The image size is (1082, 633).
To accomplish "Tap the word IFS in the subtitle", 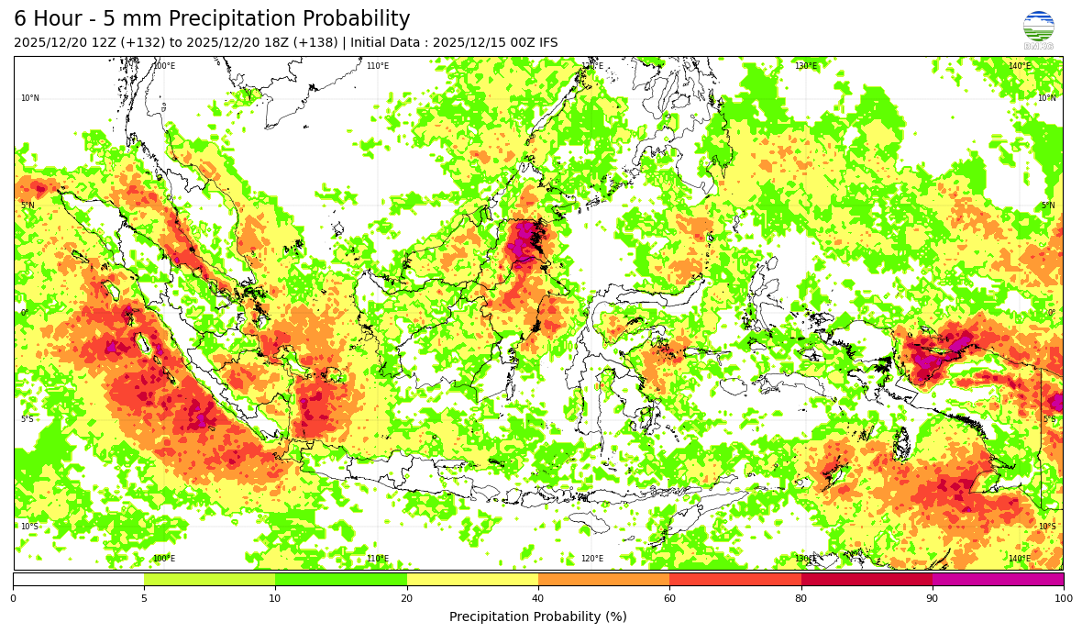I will click(x=546, y=43).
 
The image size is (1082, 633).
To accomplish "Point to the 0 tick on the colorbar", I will click(x=13, y=599).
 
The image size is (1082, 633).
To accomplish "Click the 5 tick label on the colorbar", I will click(x=144, y=599).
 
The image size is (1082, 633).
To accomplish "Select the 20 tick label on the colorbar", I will click(x=406, y=599).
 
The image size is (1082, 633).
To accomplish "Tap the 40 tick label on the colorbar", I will click(x=538, y=599).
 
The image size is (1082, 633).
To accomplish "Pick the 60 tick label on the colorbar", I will click(x=669, y=599).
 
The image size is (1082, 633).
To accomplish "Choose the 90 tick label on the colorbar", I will click(x=933, y=599).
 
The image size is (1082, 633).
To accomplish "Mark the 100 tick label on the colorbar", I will click(x=1063, y=599).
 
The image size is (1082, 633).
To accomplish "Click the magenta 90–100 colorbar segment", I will click(x=998, y=579).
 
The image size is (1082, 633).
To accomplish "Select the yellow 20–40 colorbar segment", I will click(x=472, y=579).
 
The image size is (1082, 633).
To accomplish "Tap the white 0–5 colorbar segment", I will click(x=78, y=579).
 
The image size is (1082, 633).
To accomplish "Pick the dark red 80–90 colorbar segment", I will click(x=867, y=579).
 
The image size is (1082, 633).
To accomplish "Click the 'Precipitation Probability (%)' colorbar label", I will click(x=538, y=616).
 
